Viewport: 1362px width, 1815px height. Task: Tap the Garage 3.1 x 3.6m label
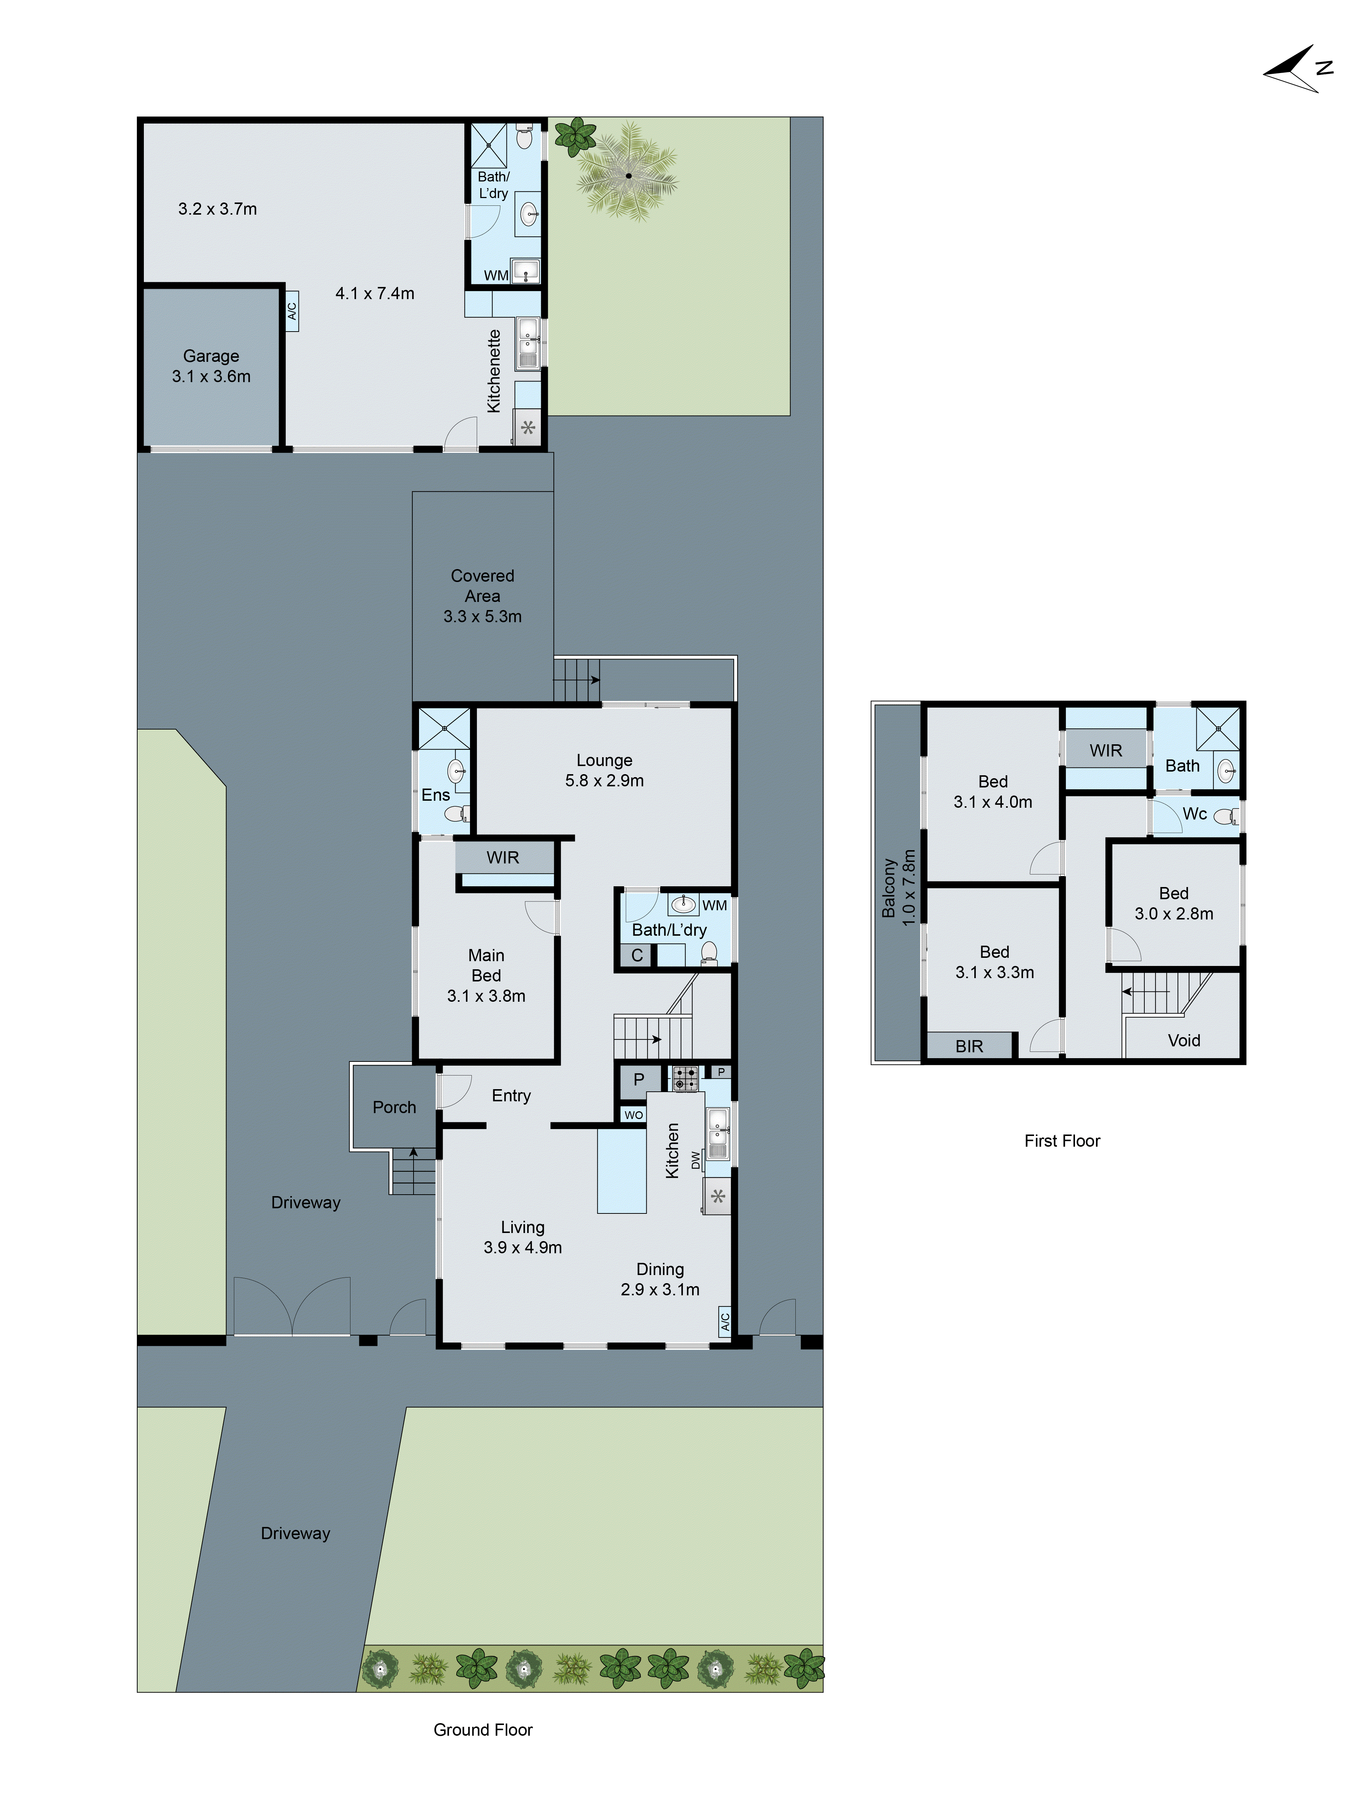(x=211, y=366)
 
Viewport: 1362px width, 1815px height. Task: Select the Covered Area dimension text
(x=483, y=616)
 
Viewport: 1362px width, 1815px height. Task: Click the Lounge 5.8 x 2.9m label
(x=604, y=770)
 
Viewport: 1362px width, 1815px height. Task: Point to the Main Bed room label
(x=486, y=975)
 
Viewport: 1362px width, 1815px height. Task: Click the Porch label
(x=394, y=1107)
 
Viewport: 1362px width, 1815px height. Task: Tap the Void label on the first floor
(x=1183, y=1040)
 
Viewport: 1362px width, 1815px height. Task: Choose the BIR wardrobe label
(x=969, y=1046)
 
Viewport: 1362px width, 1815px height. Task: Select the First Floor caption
(x=1062, y=1140)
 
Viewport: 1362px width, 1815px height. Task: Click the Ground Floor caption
(x=483, y=1730)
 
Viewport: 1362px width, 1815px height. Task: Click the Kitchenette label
(x=493, y=371)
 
